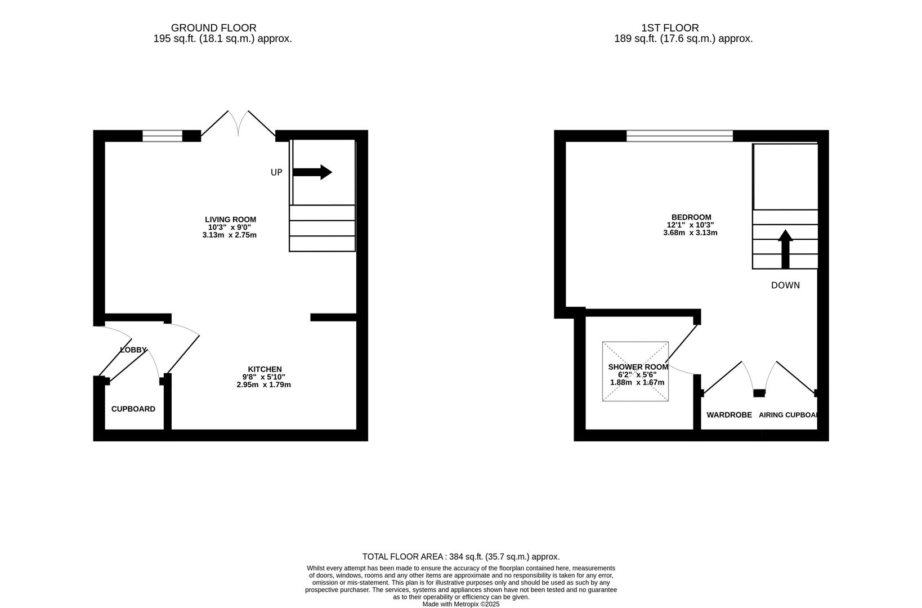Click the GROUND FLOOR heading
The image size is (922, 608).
pyautogui.click(x=214, y=28)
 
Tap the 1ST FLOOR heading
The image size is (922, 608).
pyautogui.click(x=670, y=28)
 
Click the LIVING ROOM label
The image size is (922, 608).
pyautogui.click(x=231, y=220)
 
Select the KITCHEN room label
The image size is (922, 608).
pyautogui.click(x=265, y=369)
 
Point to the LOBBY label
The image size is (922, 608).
pyautogui.click(x=133, y=350)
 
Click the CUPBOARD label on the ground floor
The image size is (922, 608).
pyautogui.click(x=133, y=409)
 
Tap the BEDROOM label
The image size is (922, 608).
pyautogui.click(x=691, y=217)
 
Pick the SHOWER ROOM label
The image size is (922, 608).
pyautogui.click(x=638, y=367)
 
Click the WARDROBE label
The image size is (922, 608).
pyautogui.click(x=729, y=415)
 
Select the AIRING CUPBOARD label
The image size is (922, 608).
pyautogui.click(x=788, y=415)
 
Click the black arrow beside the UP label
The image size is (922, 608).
pyautogui.click(x=312, y=172)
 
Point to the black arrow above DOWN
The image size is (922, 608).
pyautogui.click(x=785, y=249)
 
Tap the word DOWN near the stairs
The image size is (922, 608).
pyautogui.click(x=785, y=285)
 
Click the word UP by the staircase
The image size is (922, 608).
pyautogui.click(x=276, y=172)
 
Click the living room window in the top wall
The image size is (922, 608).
pyautogui.click(x=163, y=136)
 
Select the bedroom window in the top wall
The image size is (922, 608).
pyautogui.click(x=679, y=136)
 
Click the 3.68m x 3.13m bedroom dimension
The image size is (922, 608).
pyautogui.click(x=690, y=233)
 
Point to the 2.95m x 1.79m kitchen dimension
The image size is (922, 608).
pyautogui.click(x=264, y=385)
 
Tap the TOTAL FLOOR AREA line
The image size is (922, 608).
pyautogui.click(x=461, y=557)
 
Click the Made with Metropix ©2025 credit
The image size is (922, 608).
pyautogui.click(x=461, y=604)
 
